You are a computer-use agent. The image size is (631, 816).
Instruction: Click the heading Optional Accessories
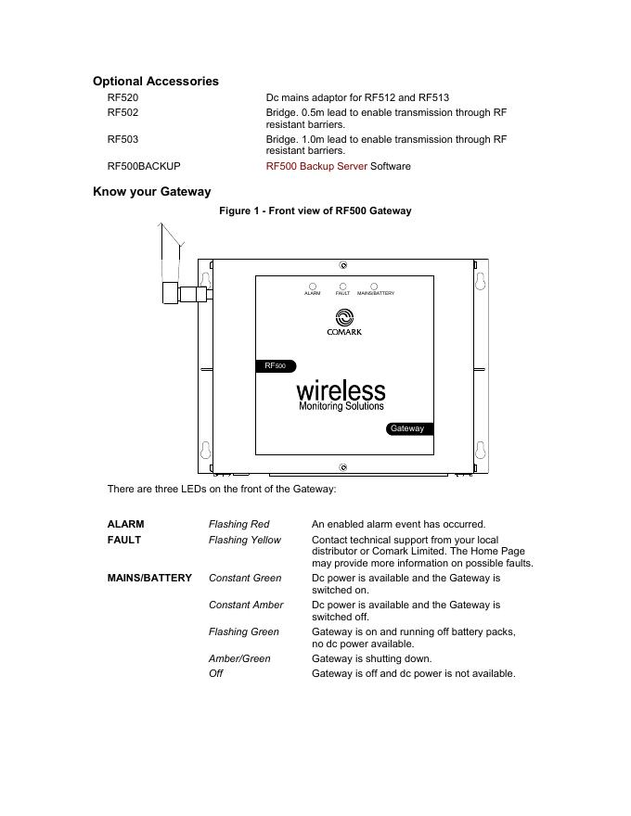(156, 82)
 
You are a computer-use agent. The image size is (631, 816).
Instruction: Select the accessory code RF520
(122, 97)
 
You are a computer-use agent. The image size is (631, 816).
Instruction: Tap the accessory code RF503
(122, 139)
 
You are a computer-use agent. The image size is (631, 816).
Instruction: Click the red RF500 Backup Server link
(316, 167)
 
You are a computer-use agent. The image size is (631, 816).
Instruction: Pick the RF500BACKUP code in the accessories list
(144, 167)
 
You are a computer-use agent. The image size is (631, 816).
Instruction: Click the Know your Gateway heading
(152, 192)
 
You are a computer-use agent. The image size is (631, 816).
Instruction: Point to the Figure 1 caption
(315, 211)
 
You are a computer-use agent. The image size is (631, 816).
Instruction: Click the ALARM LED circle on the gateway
(313, 287)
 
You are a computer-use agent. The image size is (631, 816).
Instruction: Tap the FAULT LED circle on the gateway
(343, 287)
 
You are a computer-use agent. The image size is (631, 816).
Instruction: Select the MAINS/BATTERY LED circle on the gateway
(374, 287)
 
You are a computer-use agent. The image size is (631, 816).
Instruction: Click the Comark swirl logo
(343, 317)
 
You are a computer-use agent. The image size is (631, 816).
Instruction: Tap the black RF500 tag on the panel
(276, 366)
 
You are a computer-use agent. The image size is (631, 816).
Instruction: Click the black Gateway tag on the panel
(408, 428)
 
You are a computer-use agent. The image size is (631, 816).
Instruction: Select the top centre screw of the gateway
(343, 265)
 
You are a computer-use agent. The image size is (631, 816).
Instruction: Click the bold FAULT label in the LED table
(124, 540)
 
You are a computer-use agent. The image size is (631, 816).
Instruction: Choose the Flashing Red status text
(239, 525)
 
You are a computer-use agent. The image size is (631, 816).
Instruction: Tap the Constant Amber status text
(246, 605)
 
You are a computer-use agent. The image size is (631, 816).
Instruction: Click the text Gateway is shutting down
(371, 659)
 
